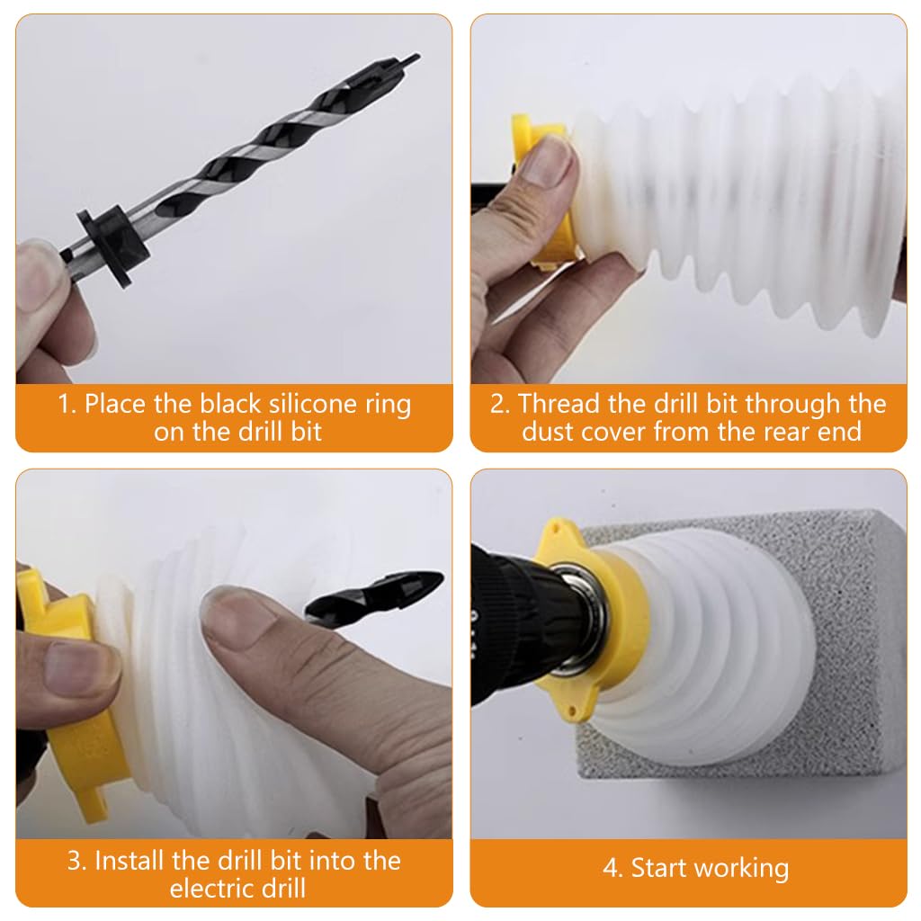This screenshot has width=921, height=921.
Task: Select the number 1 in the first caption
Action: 65,404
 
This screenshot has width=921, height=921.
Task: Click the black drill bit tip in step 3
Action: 376,596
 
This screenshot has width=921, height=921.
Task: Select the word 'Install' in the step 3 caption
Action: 130,861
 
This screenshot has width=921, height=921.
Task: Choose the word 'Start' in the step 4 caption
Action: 659,868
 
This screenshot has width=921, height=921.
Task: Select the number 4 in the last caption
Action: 611,868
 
